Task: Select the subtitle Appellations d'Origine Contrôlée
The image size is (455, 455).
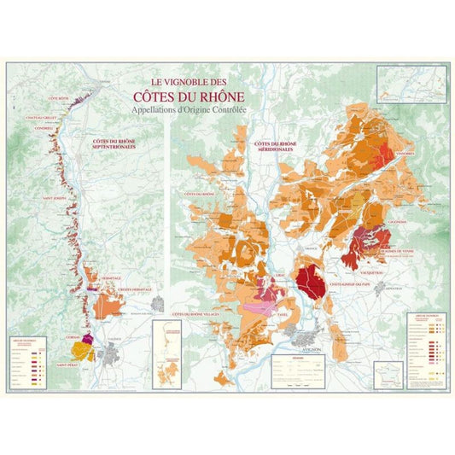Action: pyautogui.click(x=189, y=111)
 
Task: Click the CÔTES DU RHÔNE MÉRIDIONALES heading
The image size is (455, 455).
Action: pyautogui.click(x=292, y=146)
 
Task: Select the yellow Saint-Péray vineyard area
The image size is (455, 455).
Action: pyautogui.click(x=82, y=350)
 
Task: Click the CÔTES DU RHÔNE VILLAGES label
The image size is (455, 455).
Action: pyautogui.click(x=200, y=316)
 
